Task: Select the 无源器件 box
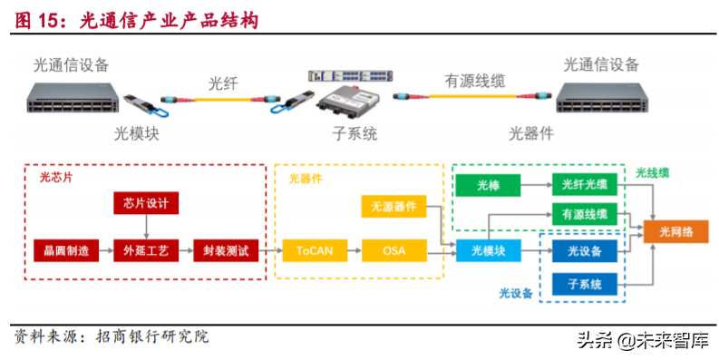(x=394, y=207)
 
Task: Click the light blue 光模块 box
(x=488, y=250)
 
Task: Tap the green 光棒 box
(x=488, y=186)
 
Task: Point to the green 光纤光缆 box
(x=585, y=186)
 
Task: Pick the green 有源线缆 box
(x=585, y=216)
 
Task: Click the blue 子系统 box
(x=585, y=285)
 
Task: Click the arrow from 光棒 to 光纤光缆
(x=536, y=186)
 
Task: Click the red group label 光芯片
(x=56, y=178)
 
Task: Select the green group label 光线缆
(x=652, y=171)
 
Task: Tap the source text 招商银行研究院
(x=145, y=337)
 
